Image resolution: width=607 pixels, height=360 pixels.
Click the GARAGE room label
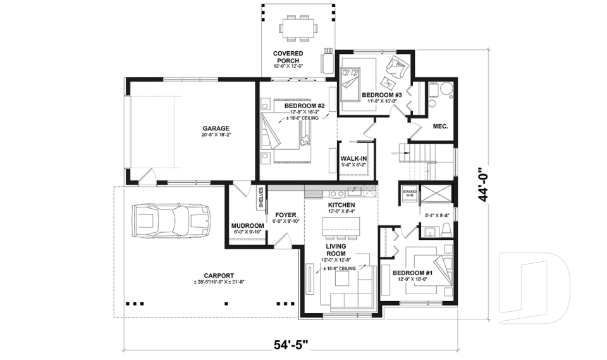click(x=216, y=128)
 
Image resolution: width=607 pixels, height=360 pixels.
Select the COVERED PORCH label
click(x=287, y=57)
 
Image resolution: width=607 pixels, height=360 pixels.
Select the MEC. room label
click(x=440, y=126)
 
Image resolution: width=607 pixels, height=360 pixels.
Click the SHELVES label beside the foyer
click(x=261, y=197)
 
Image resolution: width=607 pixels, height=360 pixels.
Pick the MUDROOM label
click(x=247, y=225)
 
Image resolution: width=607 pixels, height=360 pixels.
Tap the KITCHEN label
click(x=341, y=206)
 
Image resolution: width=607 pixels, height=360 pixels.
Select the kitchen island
click(x=341, y=225)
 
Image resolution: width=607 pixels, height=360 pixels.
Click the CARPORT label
click(x=219, y=275)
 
